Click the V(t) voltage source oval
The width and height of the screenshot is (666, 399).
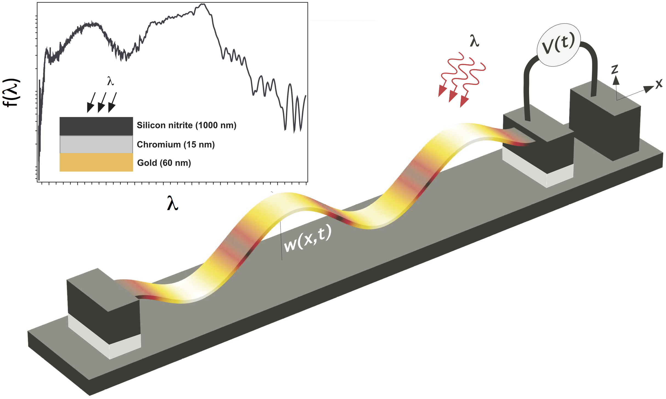[559, 45]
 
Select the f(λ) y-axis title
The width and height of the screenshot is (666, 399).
[12, 93]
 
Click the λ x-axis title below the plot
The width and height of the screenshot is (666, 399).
[173, 203]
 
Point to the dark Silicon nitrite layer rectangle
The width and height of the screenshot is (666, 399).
[96, 126]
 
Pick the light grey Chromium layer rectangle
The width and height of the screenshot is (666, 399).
[96, 144]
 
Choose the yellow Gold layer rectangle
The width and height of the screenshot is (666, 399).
[96, 162]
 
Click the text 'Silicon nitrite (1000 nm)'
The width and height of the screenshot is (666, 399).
[187, 125]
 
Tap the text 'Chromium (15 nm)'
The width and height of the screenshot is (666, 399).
[176, 145]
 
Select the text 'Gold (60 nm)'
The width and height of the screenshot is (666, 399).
[164, 163]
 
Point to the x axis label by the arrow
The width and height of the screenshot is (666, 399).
[659, 83]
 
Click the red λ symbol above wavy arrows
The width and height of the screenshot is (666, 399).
[474, 41]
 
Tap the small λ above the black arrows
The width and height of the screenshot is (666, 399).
[110, 81]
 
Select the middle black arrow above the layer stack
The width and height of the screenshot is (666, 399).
[102, 102]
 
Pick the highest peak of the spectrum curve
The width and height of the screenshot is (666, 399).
[203, 4]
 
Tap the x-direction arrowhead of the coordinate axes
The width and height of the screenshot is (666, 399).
[649, 89]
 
